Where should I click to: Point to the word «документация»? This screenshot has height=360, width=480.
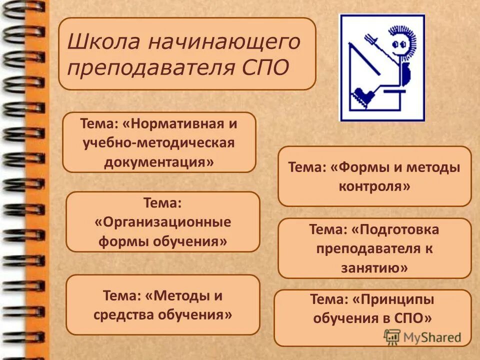point(159,162)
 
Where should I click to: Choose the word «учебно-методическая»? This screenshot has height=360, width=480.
point(159,143)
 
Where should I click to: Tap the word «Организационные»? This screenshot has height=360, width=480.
point(163,222)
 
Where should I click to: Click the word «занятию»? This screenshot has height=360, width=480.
point(374,268)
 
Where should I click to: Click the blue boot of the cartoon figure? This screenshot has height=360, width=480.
point(362,95)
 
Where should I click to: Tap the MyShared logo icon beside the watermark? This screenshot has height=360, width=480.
point(392,336)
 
